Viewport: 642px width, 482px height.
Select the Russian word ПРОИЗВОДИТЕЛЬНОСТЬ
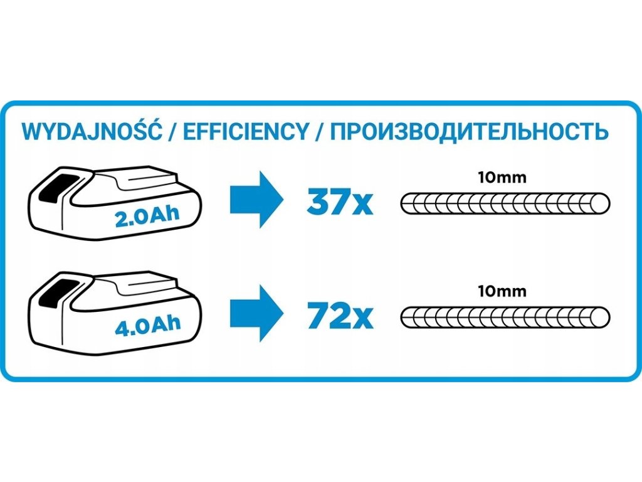(468, 132)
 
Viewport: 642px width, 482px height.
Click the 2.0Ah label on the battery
(147, 217)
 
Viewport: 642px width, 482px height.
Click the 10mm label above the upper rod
(502, 178)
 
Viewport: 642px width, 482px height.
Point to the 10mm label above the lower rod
(502, 292)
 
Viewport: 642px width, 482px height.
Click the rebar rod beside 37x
(502, 203)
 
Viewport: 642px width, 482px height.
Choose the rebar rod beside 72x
(502, 317)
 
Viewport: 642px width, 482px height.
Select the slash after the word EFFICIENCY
(320, 132)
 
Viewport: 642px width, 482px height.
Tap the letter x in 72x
(362, 319)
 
